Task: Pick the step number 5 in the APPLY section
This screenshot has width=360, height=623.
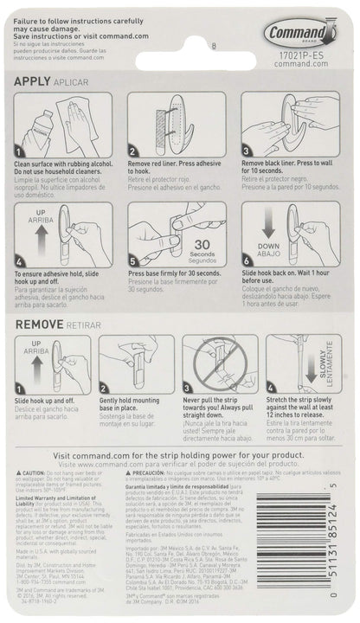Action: pos(132,259)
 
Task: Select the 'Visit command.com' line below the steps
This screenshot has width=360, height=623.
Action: pos(180,458)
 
